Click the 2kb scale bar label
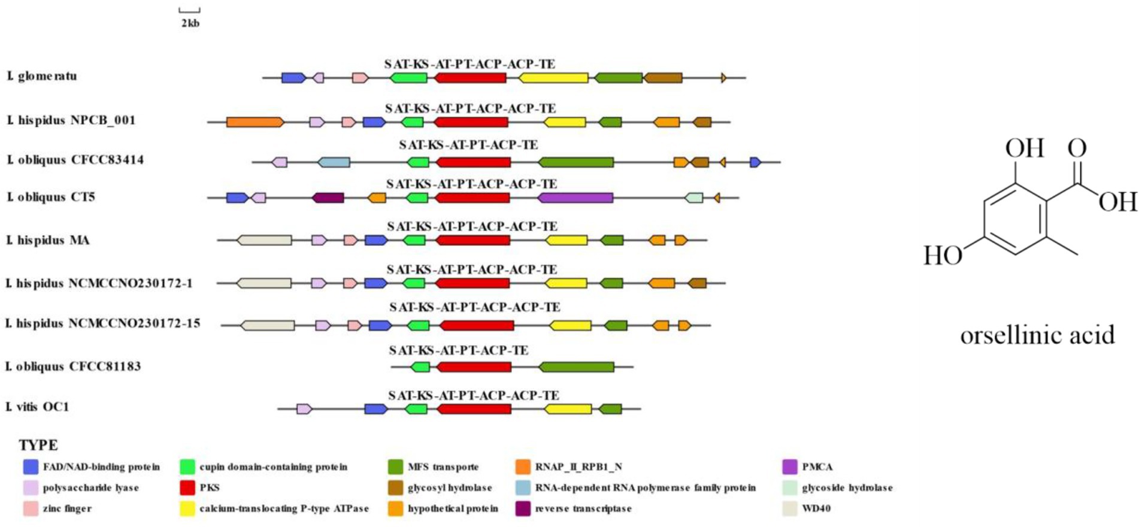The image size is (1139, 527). [x=190, y=23]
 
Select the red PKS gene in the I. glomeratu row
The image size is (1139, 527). [x=471, y=78]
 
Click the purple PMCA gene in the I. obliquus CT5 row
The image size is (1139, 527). [x=575, y=198]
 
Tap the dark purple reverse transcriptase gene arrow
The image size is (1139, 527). [x=328, y=198]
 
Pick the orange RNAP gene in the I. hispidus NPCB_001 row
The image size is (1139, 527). [x=255, y=122]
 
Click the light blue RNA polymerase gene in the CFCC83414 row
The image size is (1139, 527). [x=334, y=162]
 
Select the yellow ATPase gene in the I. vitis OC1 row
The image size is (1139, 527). [x=568, y=409]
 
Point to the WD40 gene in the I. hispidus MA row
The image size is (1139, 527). [x=264, y=240]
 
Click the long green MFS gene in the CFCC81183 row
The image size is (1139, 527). [x=576, y=367]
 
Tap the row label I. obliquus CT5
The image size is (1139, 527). [x=51, y=197]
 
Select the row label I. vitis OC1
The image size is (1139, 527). [x=38, y=407]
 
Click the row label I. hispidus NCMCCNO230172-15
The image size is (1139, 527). [x=103, y=323]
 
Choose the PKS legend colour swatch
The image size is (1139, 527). [x=187, y=487]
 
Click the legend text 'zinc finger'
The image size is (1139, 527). [x=67, y=508]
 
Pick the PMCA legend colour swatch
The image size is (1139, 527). [x=790, y=467]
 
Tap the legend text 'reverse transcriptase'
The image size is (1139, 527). [x=583, y=508]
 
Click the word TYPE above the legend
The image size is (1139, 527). [x=38, y=445]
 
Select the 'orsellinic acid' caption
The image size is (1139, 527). [x=1037, y=335]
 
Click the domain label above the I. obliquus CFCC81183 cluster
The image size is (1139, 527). [x=459, y=350]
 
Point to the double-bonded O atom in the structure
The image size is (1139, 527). [x=1077, y=147]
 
